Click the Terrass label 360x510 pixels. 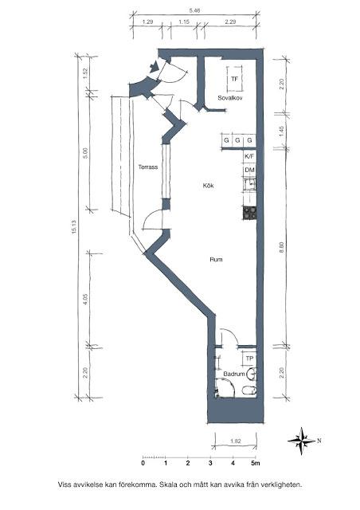click(x=148, y=167)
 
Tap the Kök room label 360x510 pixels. click(x=208, y=186)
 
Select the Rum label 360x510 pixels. click(x=217, y=260)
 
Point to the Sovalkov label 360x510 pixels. click(x=230, y=98)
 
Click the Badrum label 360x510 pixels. click(x=234, y=374)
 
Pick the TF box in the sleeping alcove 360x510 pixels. click(x=234, y=79)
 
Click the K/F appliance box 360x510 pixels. click(x=249, y=156)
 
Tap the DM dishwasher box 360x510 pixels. click(x=249, y=170)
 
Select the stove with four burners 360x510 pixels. click(x=249, y=213)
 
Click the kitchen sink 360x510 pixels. click(x=249, y=184)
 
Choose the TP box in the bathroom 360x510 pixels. click(x=249, y=359)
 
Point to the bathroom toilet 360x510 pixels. click(x=249, y=390)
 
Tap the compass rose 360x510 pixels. click(x=302, y=441)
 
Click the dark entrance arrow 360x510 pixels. click(x=154, y=67)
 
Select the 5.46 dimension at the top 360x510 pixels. click(x=194, y=10)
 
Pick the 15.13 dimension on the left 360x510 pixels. click(x=74, y=227)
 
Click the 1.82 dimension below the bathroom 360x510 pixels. click(x=236, y=441)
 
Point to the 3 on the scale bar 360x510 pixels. click(x=210, y=463)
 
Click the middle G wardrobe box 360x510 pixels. click(x=237, y=140)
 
